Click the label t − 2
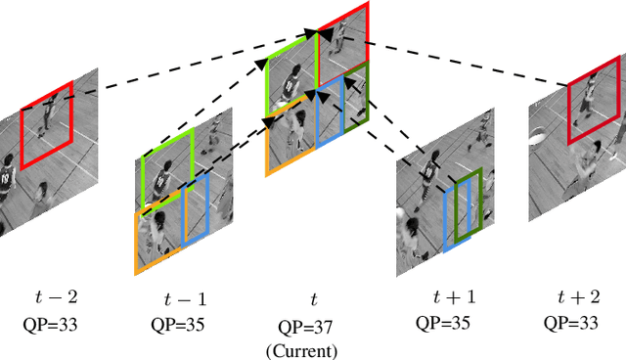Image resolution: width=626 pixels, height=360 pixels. (38, 292)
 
